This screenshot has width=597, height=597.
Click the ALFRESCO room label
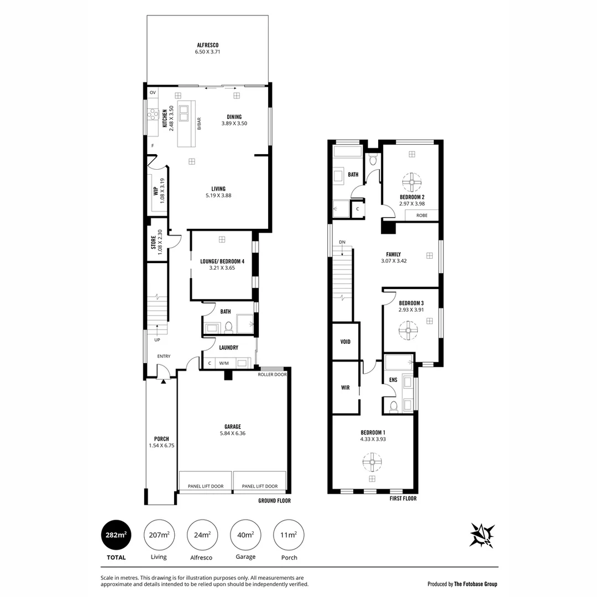(x=207, y=45)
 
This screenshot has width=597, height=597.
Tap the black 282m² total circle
(x=117, y=535)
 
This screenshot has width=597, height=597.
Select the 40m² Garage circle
(x=245, y=535)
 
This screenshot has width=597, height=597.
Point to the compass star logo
(x=481, y=535)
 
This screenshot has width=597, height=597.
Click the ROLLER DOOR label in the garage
(x=272, y=374)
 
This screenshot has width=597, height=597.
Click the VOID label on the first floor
(x=345, y=342)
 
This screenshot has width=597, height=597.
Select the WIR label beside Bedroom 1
(x=345, y=387)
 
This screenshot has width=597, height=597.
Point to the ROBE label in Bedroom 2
(x=422, y=215)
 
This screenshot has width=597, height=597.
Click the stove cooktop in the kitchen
(x=153, y=115)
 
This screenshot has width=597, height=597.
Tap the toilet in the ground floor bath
(x=228, y=327)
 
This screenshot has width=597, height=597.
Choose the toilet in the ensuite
(x=393, y=407)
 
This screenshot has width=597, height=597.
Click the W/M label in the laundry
(x=224, y=363)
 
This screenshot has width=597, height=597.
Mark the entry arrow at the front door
(x=163, y=381)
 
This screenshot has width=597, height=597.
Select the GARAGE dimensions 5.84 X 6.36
(x=232, y=433)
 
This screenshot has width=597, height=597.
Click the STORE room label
(x=153, y=242)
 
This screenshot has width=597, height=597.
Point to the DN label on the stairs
(x=342, y=242)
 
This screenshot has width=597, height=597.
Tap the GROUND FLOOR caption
(x=274, y=501)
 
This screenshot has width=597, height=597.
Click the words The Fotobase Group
(x=475, y=584)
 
